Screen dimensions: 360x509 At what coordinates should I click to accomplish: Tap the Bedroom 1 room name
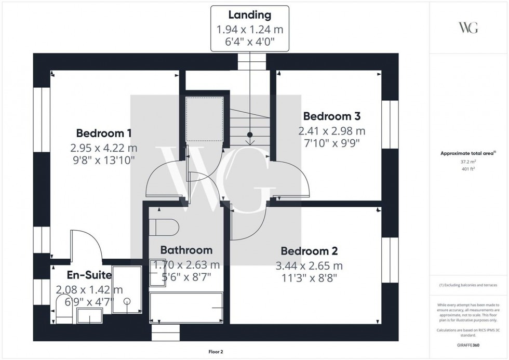[104, 132]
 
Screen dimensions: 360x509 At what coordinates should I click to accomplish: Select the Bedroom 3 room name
[332, 116]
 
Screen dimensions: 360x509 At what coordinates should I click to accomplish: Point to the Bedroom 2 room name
[309, 251]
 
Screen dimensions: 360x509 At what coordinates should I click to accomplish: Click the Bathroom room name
[186, 250]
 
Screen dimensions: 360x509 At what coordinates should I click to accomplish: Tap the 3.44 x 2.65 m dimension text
[309, 266]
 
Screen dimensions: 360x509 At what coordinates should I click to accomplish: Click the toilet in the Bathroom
[164, 226]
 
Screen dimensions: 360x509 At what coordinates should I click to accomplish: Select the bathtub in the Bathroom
[187, 308]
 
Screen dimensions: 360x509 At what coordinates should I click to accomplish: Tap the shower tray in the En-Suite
[127, 290]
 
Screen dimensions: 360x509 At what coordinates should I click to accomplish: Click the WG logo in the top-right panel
[468, 28]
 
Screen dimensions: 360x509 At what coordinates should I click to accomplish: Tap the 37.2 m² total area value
[468, 162]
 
